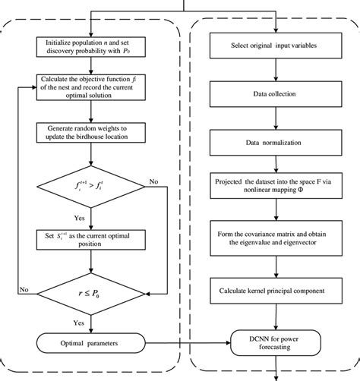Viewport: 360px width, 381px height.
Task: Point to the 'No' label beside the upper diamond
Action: (x=154, y=183)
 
